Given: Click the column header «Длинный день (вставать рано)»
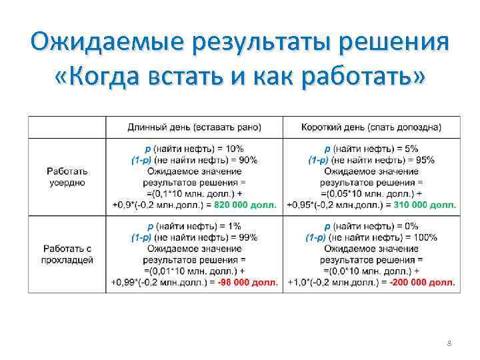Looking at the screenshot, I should (x=194, y=127).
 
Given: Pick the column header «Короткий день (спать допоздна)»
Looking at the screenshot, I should (x=371, y=127).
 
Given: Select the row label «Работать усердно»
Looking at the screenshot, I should (x=67, y=177).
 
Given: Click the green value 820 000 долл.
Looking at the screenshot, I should (x=251, y=205).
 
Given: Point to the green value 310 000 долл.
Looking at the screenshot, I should (x=426, y=205).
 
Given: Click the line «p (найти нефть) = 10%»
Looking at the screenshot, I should (x=194, y=149).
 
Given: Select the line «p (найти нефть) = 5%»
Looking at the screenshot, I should (x=371, y=149).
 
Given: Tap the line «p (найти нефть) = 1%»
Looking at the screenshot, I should (x=194, y=226).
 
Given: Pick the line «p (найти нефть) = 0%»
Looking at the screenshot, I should (x=371, y=226).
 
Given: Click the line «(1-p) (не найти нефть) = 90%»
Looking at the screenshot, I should (x=194, y=160).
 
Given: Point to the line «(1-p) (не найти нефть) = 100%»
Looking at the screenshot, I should (x=371, y=237).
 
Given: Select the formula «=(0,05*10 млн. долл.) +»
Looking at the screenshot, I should (x=371, y=193).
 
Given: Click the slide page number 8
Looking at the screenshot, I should (x=449, y=343).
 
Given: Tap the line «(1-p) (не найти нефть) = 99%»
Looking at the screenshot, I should (x=194, y=237).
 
